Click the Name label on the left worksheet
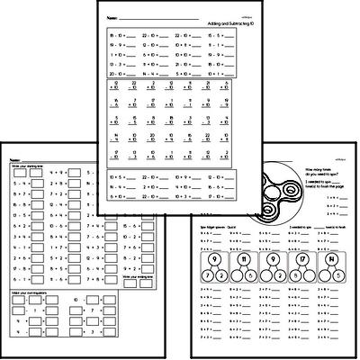(13, 155)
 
